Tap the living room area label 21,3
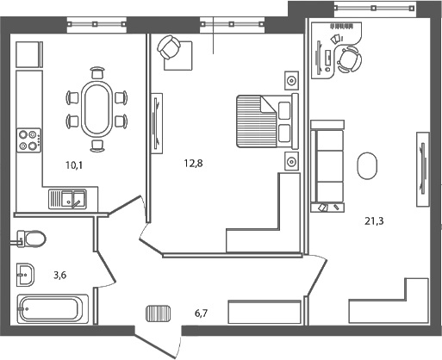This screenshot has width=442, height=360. (x=373, y=220)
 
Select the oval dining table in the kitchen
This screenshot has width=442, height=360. (x=96, y=107)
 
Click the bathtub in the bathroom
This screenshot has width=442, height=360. (x=53, y=307)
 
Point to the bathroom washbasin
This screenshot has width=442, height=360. (x=25, y=275)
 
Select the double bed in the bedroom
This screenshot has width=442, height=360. (x=266, y=120)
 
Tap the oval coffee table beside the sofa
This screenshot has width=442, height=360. (x=368, y=165)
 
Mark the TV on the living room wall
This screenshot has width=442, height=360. (x=422, y=169)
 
